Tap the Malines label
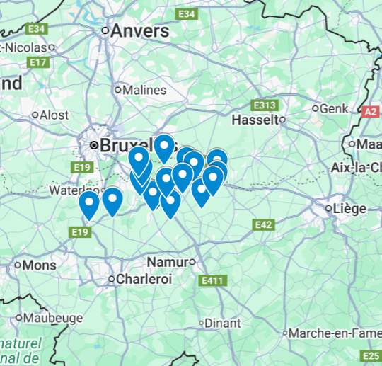click(144, 91)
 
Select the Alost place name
click(54, 115)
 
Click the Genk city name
click(335, 109)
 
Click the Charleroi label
click(144, 280)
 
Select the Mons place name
click(40, 265)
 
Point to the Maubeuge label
click(53, 318)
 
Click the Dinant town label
click(223, 323)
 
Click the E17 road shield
click(38, 62)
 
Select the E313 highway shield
click(265, 105)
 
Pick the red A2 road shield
click(371, 112)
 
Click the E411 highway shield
click(212, 281)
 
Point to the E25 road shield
click(371, 355)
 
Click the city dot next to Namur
click(192, 262)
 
